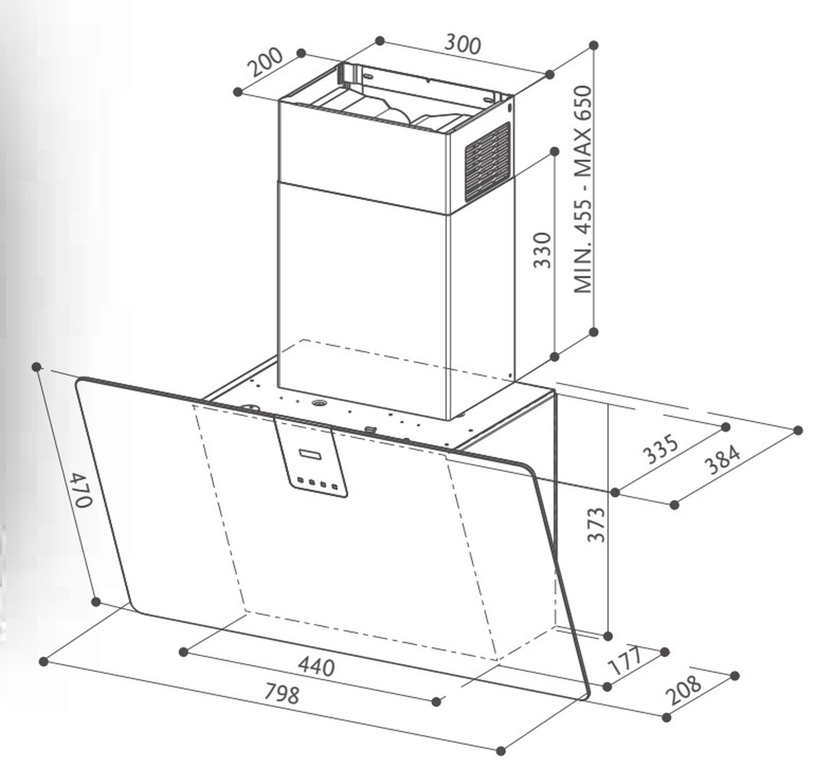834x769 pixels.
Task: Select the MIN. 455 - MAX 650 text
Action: [x=583, y=190]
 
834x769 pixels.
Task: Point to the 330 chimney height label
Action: [x=543, y=250]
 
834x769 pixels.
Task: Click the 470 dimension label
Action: [x=80, y=490]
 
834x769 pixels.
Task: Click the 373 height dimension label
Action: [x=596, y=524]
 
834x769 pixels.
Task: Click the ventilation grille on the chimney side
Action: [x=487, y=162]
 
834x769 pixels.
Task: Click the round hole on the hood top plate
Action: [x=320, y=403]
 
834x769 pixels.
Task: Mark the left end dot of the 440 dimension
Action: [x=183, y=651]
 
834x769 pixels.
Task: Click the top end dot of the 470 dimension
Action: [x=37, y=367]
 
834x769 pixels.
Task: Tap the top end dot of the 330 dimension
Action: [x=555, y=152]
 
